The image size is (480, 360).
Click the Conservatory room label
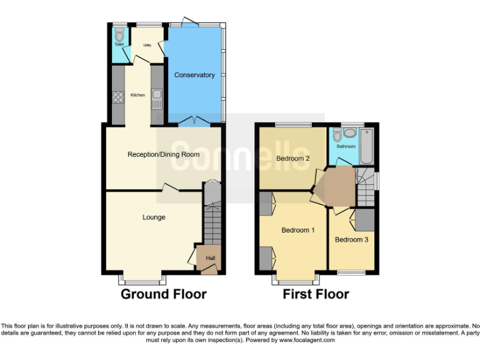pyautogui.click(x=194, y=75)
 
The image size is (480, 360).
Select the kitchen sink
pyautogui.click(x=156, y=97)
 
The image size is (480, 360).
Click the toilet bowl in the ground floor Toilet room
pyautogui.click(x=119, y=36)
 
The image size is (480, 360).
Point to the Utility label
pyautogui.click(x=147, y=45)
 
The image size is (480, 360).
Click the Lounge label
pyautogui.click(x=154, y=217)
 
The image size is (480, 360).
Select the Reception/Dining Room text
pyautogui.click(x=164, y=154)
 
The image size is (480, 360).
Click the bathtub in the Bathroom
pyautogui.click(x=367, y=145)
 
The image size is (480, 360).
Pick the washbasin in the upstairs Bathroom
pyautogui.click(x=349, y=132)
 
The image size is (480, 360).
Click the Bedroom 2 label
pyautogui.click(x=293, y=158)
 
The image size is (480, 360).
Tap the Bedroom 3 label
pyautogui.click(x=351, y=239)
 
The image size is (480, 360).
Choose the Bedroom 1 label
pyautogui.click(x=297, y=230)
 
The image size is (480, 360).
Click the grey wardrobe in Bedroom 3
pyautogui.click(x=364, y=219)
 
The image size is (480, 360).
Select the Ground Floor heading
pyautogui.click(x=163, y=294)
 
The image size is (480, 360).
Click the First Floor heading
pyautogui.click(x=316, y=294)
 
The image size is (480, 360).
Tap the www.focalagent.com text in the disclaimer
pyautogui.click(x=307, y=341)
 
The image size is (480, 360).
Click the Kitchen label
pyautogui.click(x=137, y=95)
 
